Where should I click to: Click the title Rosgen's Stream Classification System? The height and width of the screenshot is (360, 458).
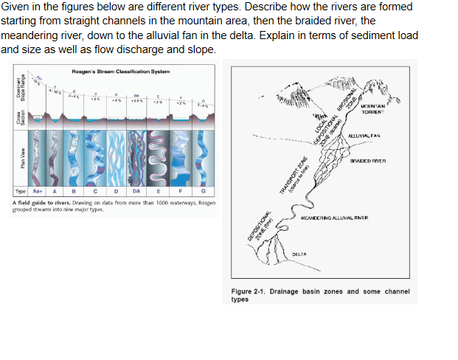point(121,71)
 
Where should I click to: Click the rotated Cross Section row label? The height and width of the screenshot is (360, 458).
point(23,119)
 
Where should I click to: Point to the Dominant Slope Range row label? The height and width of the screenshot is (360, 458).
point(22,86)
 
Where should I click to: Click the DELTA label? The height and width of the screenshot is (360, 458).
point(299,253)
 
